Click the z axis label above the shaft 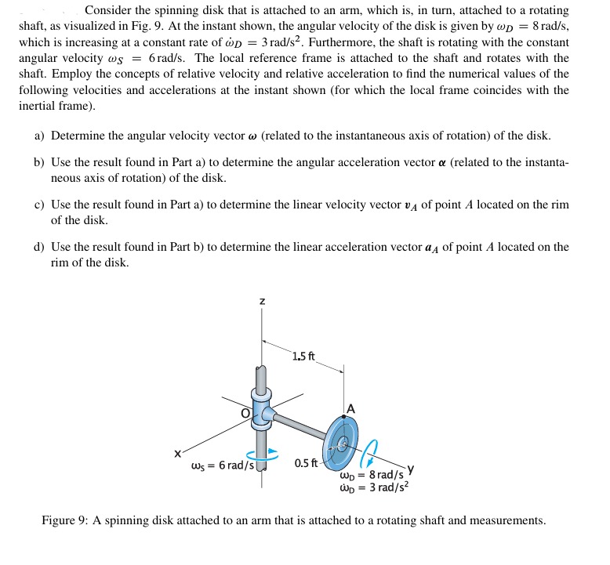coord(262,300)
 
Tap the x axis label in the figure coord(178,452)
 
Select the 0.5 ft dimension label coord(306,462)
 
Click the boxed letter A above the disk coord(350,408)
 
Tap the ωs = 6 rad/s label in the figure coord(223,465)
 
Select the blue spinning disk coord(339,444)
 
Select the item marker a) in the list coord(39,136)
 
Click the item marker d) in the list coord(39,247)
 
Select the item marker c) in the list coord(39,205)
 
